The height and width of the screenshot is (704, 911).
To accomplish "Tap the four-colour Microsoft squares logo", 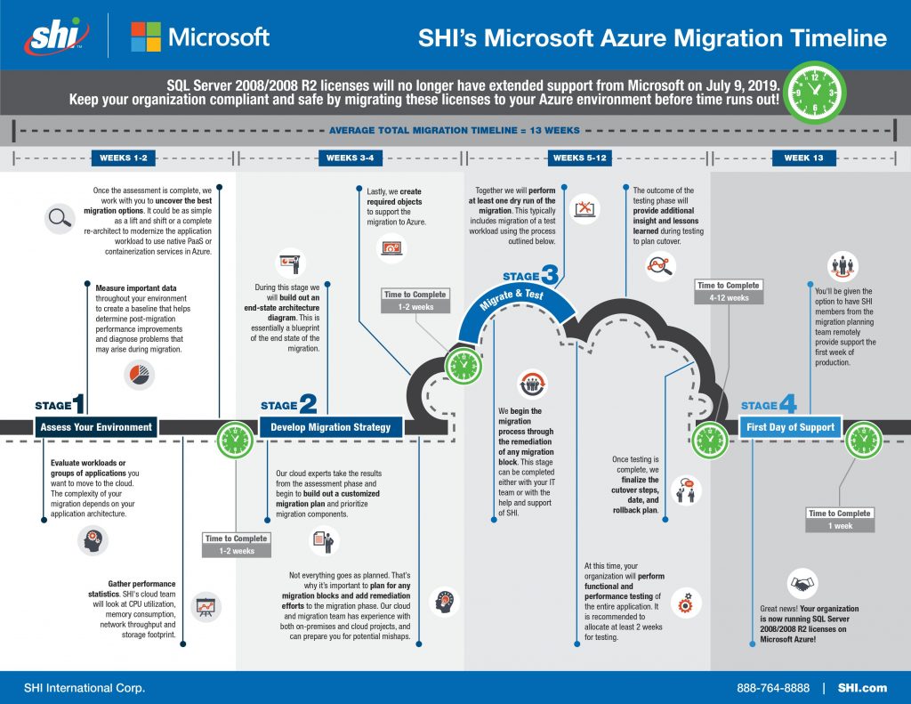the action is pyautogui.click(x=146, y=36).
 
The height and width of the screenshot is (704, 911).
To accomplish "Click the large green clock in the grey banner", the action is pyautogui.click(x=815, y=93).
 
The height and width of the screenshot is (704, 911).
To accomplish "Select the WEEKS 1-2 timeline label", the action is pyautogui.click(x=123, y=158).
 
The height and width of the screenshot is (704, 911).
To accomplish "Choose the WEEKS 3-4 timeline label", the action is pyautogui.click(x=350, y=158).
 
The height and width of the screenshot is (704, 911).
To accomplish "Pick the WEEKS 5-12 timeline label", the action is pyautogui.click(x=579, y=158).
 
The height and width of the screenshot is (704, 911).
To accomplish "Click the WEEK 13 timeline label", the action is pyautogui.click(x=803, y=158).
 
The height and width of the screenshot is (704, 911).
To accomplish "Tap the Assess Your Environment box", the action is pyautogui.click(x=96, y=427).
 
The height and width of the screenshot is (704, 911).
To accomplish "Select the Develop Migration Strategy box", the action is pyautogui.click(x=331, y=427).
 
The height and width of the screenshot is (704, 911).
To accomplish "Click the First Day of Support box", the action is pyautogui.click(x=790, y=427).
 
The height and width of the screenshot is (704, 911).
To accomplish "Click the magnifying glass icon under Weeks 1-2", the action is pyautogui.click(x=60, y=219).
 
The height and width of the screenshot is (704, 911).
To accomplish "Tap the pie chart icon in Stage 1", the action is pyautogui.click(x=140, y=375).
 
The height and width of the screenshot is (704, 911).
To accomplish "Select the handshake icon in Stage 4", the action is pyautogui.click(x=802, y=584).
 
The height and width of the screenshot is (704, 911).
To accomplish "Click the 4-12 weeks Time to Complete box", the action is pyautogui.click(x=729, y=292).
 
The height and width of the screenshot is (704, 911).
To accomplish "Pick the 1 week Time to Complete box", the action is pyautogui.click(x=840, y=520).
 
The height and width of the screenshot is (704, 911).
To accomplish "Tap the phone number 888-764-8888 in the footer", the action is pyautogui.click(x=773, y=688).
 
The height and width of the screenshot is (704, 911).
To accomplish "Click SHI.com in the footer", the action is pyautogui.click(x=862, y=688).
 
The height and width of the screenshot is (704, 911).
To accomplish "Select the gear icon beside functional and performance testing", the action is pyautogui.click(x=686, y=603).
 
